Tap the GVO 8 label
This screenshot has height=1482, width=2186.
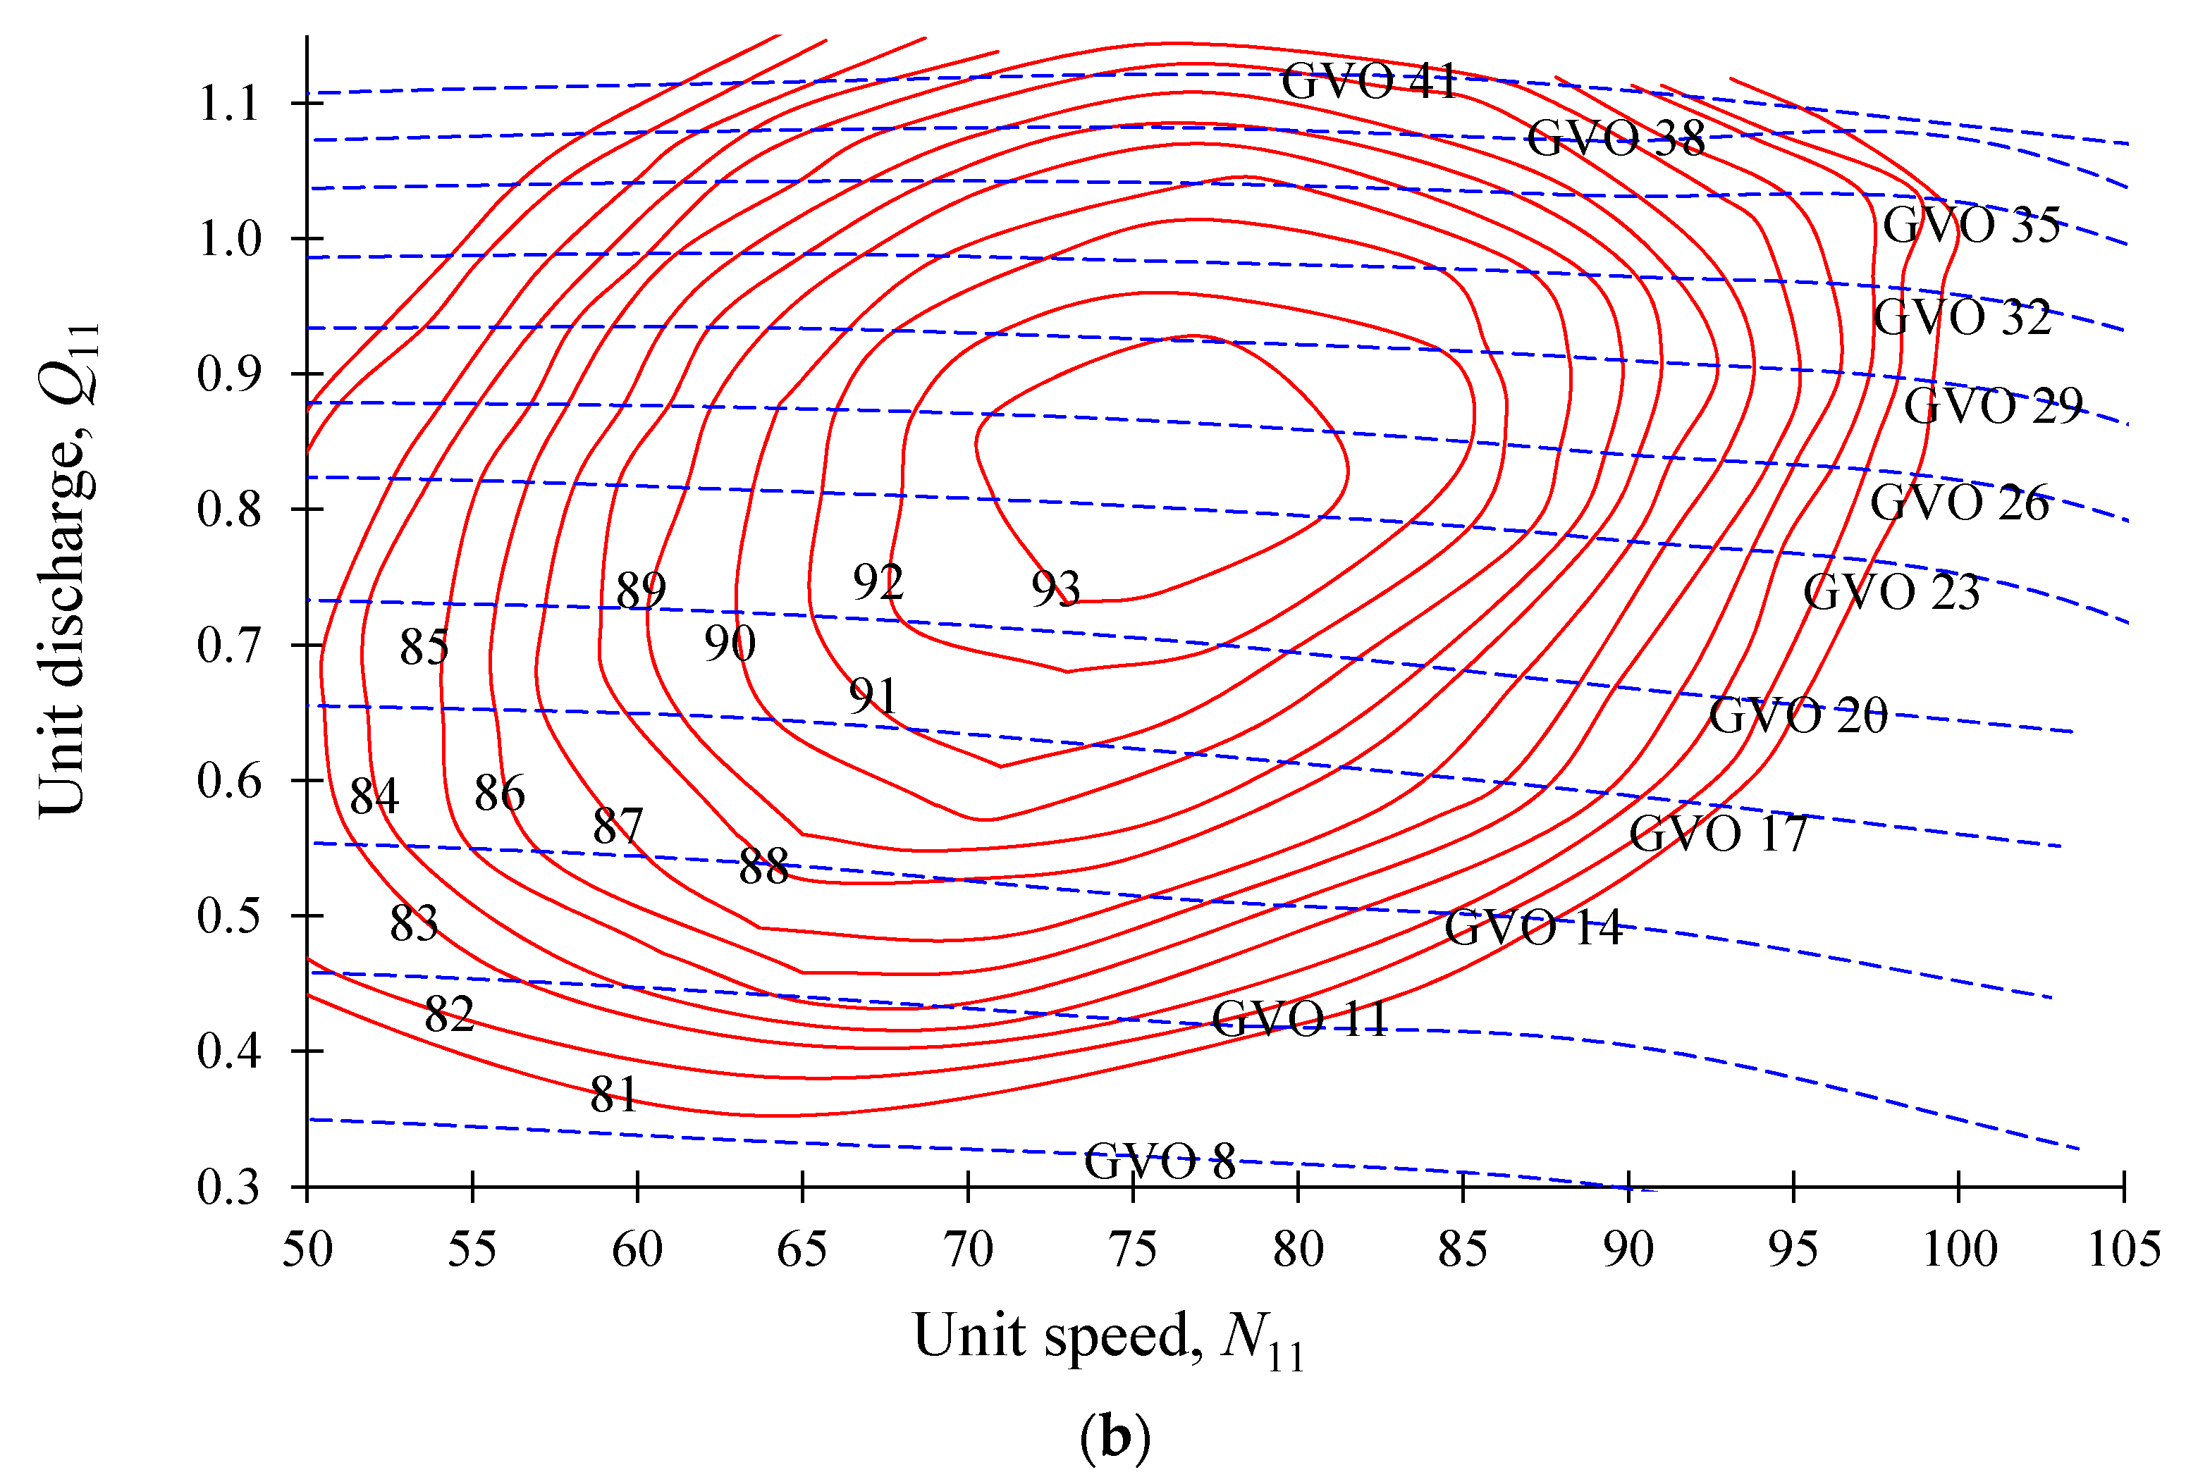coord(1159,1161)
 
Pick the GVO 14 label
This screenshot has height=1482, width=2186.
coord(1533,928)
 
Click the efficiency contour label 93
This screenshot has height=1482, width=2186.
coord(1055,590)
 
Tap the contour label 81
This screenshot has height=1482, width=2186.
coord(614,1094)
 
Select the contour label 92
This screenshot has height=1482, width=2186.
coord(878,582)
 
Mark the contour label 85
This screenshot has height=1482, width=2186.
coord(423,647)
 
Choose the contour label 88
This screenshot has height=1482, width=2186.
coord(763,866)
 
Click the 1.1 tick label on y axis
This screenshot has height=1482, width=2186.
coord(228,104)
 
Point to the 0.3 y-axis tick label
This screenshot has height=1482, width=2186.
coord(228,1187)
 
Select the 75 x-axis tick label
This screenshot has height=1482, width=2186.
coord(1133,1249)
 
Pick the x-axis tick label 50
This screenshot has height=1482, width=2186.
coord(307,1249)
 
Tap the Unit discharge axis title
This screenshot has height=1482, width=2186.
coord(68,569)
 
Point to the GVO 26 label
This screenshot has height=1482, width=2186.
coord(1958,503)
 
